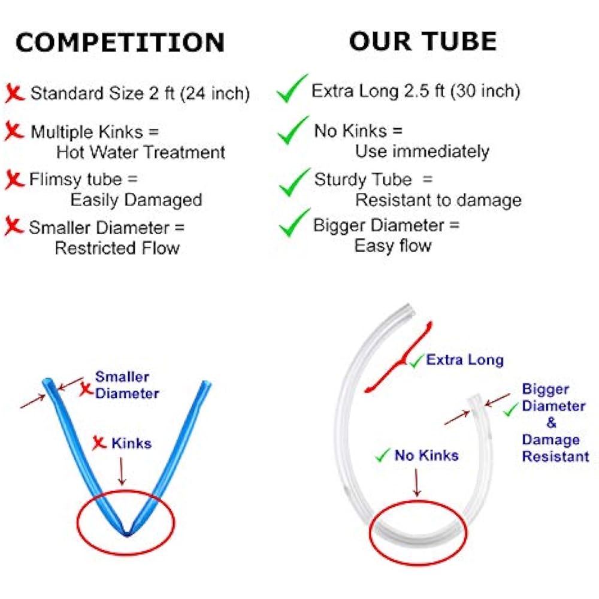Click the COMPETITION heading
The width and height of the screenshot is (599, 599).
pyautogui.click(x=120, y=43)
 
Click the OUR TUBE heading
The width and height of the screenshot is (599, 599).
pyautogui.click(x=423, y=41)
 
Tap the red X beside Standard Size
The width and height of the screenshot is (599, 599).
pyautogui.click(x=14, y=93)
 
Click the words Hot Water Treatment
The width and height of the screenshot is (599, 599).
pyautogui.click(x=141, y=152)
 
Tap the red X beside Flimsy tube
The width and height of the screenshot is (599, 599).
pyautogui.click(x=14, y=180)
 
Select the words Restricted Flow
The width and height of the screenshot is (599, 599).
pyautogui.click(x=117, y=247)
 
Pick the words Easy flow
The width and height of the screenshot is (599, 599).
pyautogui.click(x=392, y=246)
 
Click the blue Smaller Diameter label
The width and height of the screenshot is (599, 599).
pyautogui.click(x=127, y=385)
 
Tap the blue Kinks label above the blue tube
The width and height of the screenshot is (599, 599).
pyautogui.click(x=131, y=443)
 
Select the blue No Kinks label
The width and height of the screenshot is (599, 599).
pyautogui.click(x=426, y=455)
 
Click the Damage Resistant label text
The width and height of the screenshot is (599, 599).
pyautogui.click(x=555, y=448)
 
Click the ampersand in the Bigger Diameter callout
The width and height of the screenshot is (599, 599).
pyautogui.click(x=550, y=423)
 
